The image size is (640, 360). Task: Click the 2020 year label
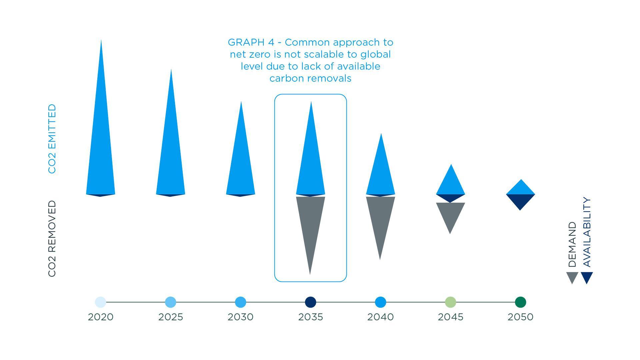[x=101, y=317]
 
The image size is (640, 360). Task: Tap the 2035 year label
[x=311, y=317]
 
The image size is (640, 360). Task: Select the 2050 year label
[x=521, y=317]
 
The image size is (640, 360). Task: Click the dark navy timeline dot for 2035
[x=311, y=302]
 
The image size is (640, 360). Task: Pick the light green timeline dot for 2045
[x=451, y=302]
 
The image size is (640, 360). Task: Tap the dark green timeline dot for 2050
[x=521, y=302]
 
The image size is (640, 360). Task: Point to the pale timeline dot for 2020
[x=101, y=302]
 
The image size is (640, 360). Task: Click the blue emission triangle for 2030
[x=241, y=160]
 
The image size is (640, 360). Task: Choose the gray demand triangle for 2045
[x=450, y=213]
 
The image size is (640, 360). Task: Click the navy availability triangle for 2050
[x=520, y=200]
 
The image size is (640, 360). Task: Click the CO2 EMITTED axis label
[x=52, y=139]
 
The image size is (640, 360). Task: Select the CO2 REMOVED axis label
[x=52, y=239]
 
